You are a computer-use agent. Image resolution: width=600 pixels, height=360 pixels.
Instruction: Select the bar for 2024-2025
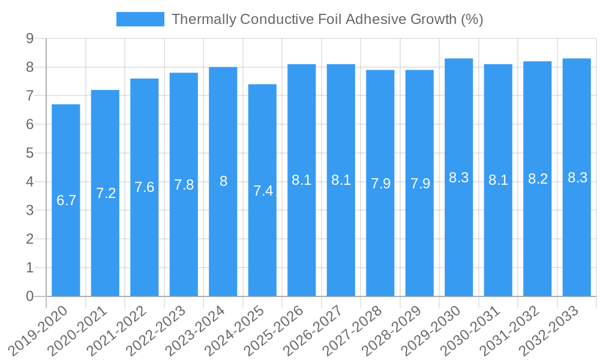[262, 240]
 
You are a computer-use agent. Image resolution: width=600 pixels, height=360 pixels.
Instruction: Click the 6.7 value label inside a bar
[66, 200]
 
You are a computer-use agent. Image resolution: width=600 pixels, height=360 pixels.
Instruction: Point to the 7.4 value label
[263, 191]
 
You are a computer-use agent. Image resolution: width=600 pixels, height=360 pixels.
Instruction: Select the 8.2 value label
[538, 179]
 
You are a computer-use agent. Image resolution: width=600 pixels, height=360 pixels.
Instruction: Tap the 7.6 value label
[145, 187]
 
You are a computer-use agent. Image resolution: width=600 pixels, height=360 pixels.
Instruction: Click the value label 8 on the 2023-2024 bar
[223, 181]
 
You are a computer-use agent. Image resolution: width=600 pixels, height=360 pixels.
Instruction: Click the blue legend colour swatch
[140, 19]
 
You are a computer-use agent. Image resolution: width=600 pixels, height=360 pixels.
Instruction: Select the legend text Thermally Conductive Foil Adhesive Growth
[327, 19]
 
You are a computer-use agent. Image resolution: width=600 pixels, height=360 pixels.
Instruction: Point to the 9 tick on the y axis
[29, 38]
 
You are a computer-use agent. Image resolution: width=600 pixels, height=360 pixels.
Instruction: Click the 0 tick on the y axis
[29, 296]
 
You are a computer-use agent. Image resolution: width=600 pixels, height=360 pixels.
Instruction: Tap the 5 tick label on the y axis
[29, 153]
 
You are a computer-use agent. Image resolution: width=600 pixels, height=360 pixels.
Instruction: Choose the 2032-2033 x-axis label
[554, 331]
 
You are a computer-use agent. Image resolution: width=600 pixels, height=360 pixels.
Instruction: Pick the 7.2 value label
[106, 193]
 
